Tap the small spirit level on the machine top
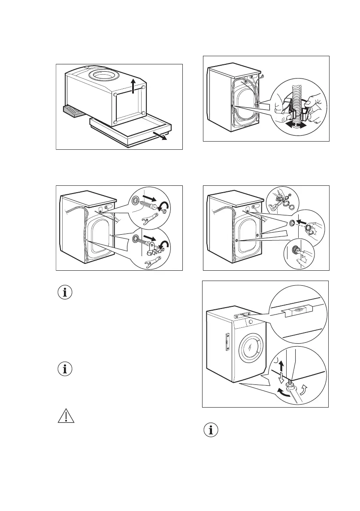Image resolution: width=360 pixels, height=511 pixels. click(x=242, y=315)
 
